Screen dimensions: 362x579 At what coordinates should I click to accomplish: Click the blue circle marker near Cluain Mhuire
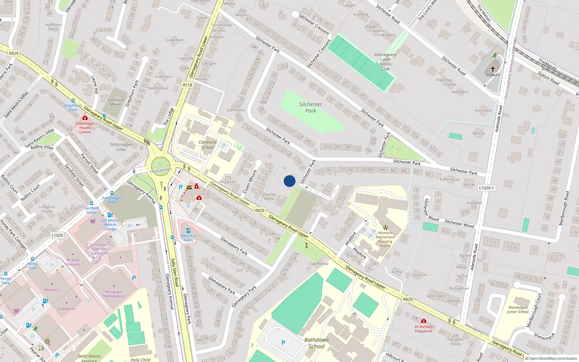coord(289,181)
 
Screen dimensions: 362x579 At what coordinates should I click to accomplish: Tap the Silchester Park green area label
coord(310,108)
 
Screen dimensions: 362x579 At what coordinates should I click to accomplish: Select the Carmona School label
coord(208,145)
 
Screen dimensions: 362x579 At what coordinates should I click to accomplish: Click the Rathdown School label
coord(316,343)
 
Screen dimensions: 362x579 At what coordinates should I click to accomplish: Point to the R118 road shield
coord(187,85)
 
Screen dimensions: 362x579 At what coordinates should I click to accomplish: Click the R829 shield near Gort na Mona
coord(259,210)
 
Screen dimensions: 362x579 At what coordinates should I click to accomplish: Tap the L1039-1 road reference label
coord(486,188)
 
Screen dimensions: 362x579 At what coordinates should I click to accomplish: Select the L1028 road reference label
coord(57,235)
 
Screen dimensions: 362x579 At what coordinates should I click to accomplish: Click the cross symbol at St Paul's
coord(493,69)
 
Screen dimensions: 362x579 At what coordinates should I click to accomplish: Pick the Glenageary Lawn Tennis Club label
coord(385,62)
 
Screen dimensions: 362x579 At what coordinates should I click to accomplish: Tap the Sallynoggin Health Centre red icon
coord(85,118)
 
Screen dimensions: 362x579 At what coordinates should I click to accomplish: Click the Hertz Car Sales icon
coord(188,230)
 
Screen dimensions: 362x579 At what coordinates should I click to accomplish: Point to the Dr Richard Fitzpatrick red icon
coord(424,321)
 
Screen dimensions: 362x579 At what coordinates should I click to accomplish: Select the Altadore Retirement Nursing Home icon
coord(385,227)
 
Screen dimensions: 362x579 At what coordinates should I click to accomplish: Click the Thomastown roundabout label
coord(160,170)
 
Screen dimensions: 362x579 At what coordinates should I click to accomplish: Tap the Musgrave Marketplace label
coord(114,294)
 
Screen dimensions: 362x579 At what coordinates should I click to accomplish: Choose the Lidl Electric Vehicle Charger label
coord(110,224)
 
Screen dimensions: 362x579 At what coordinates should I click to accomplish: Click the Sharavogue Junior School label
coord(518,310)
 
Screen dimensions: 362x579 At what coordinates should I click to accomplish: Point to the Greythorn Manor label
coord(115,102)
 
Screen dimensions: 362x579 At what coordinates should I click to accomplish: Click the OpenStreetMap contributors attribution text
coord(551,359)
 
